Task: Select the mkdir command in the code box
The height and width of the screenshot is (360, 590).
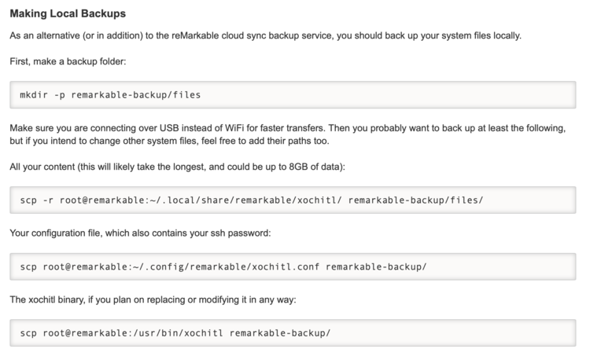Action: (x=34, y=95)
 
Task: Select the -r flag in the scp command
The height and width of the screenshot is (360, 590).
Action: (x=47, y=200)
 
